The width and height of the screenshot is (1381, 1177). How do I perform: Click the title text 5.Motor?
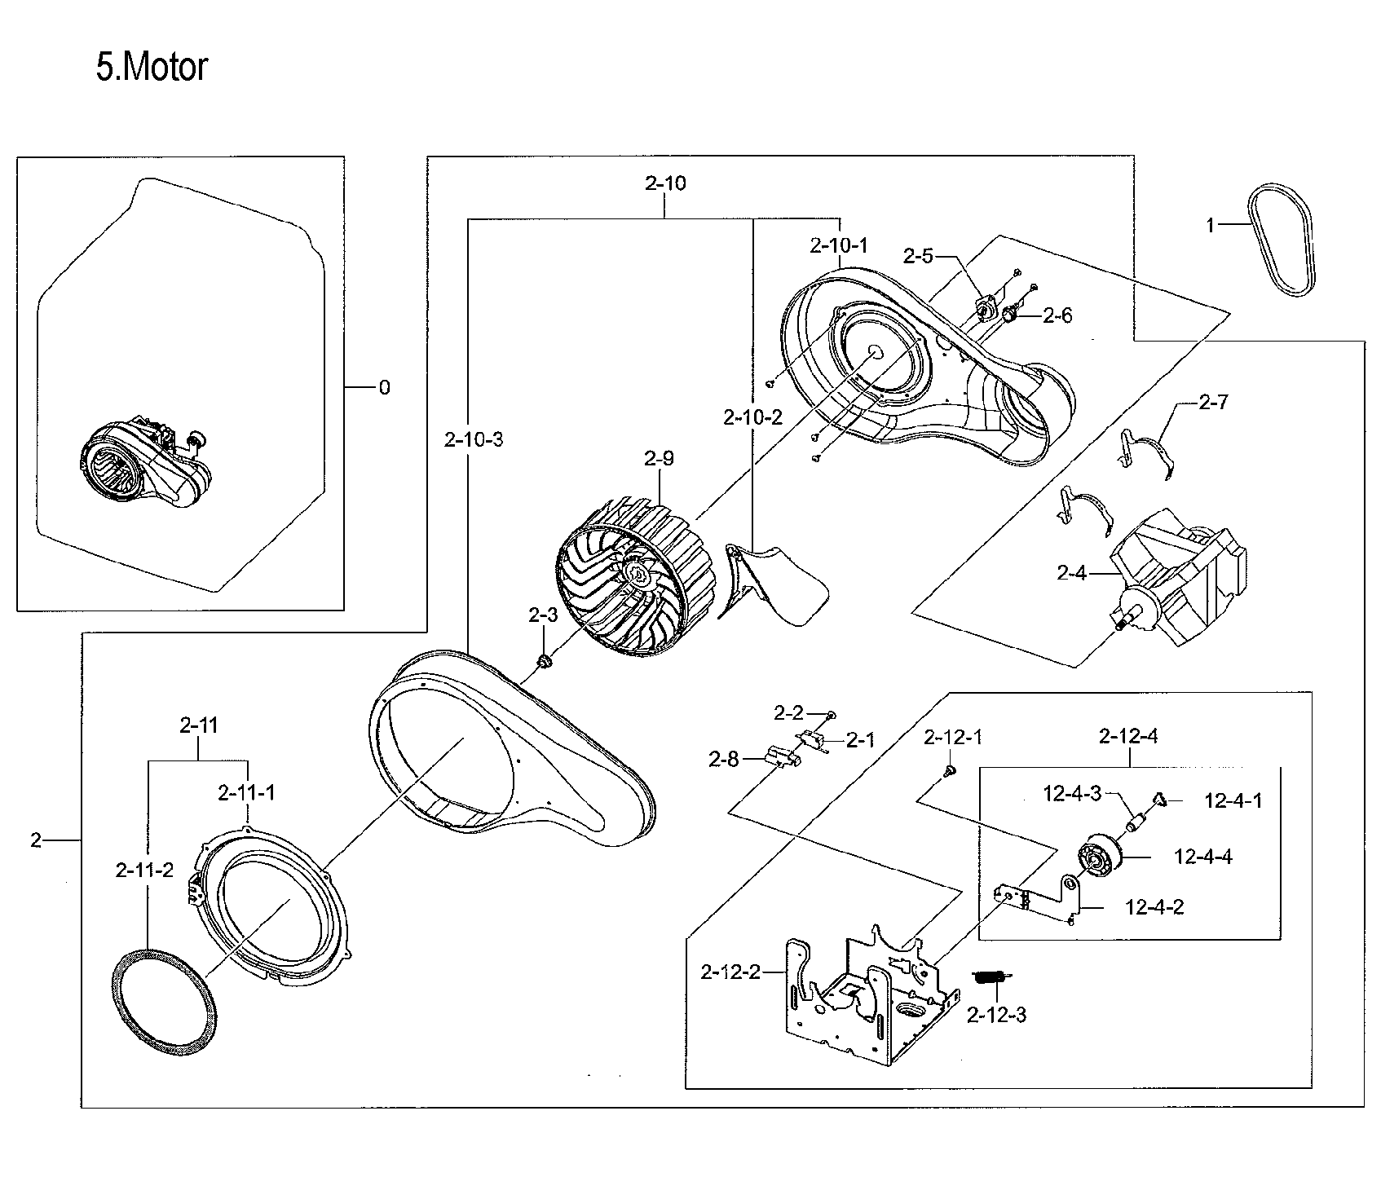[x=152, y=68]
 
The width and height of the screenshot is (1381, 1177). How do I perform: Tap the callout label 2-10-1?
[x=838, y=245]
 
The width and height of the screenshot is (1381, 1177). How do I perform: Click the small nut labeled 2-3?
[x=542, y=661]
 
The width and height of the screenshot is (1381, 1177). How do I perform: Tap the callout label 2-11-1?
[x=246, y=792]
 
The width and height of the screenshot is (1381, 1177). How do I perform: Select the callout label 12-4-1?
[x=1233, y=801]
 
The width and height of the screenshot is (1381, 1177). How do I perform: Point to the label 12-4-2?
[x=1154, y=907]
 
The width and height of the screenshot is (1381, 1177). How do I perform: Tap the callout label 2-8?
[x=723, y=760]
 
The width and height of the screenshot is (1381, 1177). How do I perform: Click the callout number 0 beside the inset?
[x=384, y=388]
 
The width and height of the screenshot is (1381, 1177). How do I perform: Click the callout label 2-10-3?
[x=474, y=441]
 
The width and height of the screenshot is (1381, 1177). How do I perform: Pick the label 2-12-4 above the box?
[x=1127, y=737]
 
